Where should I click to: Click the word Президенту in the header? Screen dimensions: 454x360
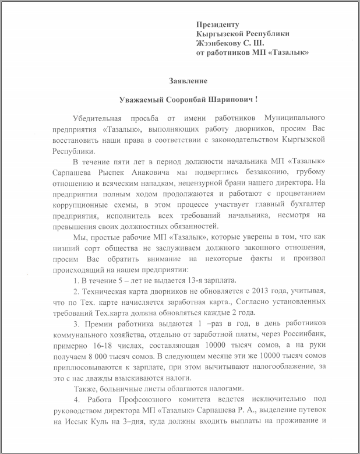point(218,24)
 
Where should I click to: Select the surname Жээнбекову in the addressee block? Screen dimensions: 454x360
point(220,43)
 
